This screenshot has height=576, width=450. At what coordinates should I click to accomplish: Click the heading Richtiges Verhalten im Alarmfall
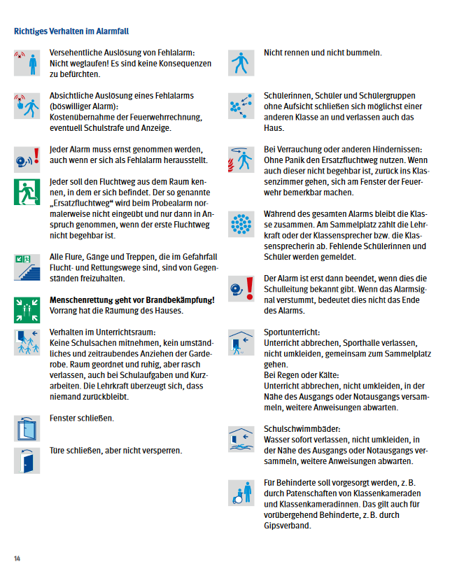coord(71,31)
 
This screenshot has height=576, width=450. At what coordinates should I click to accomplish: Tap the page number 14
coord(17,558)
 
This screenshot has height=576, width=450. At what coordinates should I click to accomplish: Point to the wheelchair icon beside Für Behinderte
coord(242,492)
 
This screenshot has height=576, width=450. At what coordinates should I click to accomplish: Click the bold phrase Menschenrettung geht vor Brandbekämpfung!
coord(132,300)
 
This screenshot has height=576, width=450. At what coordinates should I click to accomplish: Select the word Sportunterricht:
coord(292,331)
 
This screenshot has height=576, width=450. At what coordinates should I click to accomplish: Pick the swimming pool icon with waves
coord(242,438)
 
